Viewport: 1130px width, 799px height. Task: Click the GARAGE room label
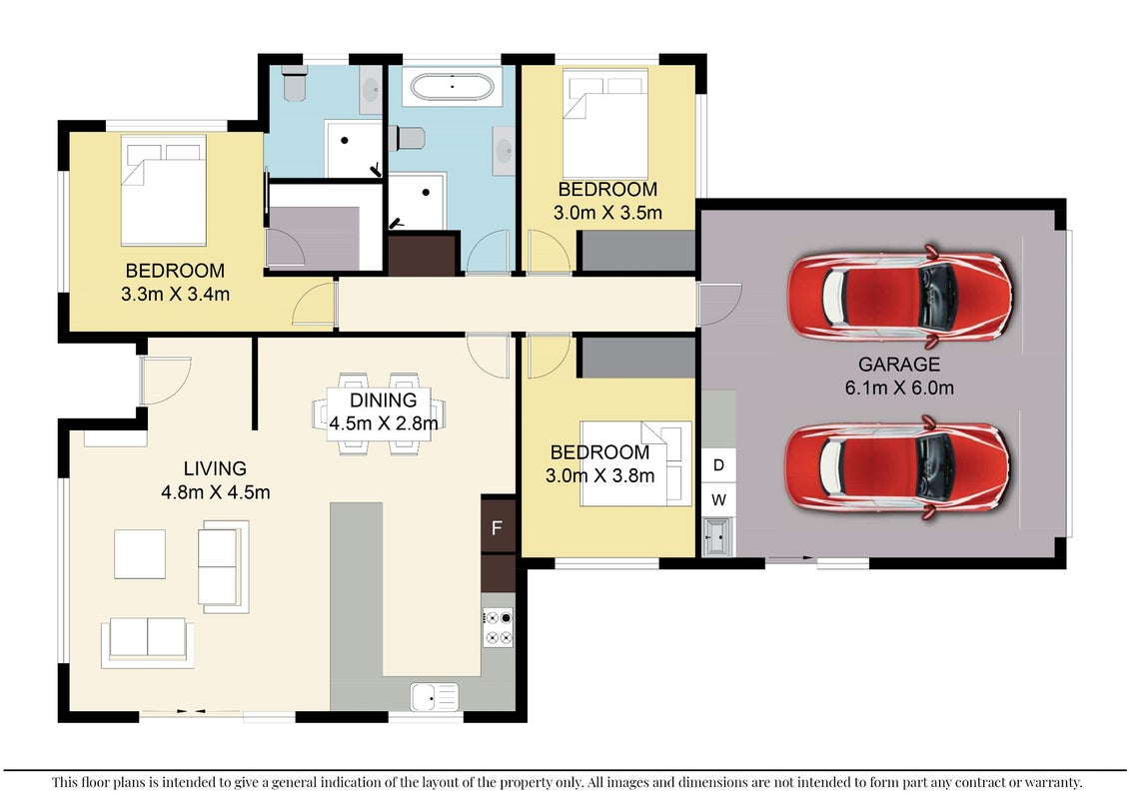pos(898,364)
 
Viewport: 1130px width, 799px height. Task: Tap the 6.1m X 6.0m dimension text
pos(899,388)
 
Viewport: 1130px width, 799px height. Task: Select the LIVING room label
pos(215,468)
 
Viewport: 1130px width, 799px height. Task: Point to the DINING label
pos(384,399)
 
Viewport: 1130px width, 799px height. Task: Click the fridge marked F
pos(498,526)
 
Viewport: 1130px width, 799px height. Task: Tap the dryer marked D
pos(718,464)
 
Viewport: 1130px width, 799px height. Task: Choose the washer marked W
pos(718,499)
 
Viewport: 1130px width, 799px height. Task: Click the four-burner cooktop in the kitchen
pos(498,627)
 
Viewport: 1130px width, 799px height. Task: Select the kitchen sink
pos(434,697)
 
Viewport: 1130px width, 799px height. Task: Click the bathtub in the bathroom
pos(452,87)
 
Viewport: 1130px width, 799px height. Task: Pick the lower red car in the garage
pos(898,465)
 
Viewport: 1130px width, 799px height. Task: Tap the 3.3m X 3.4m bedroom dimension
pos(175,294)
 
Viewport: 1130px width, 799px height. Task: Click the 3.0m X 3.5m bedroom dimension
pos(607,213)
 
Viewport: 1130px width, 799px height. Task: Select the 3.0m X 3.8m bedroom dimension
pos(600,475)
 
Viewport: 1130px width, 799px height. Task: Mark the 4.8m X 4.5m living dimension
pos(216,492)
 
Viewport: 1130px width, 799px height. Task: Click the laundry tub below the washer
pos(718,536)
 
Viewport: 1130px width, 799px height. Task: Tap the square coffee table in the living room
pos(140,554)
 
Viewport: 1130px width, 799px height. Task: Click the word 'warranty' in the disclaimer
pos(1054,782)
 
